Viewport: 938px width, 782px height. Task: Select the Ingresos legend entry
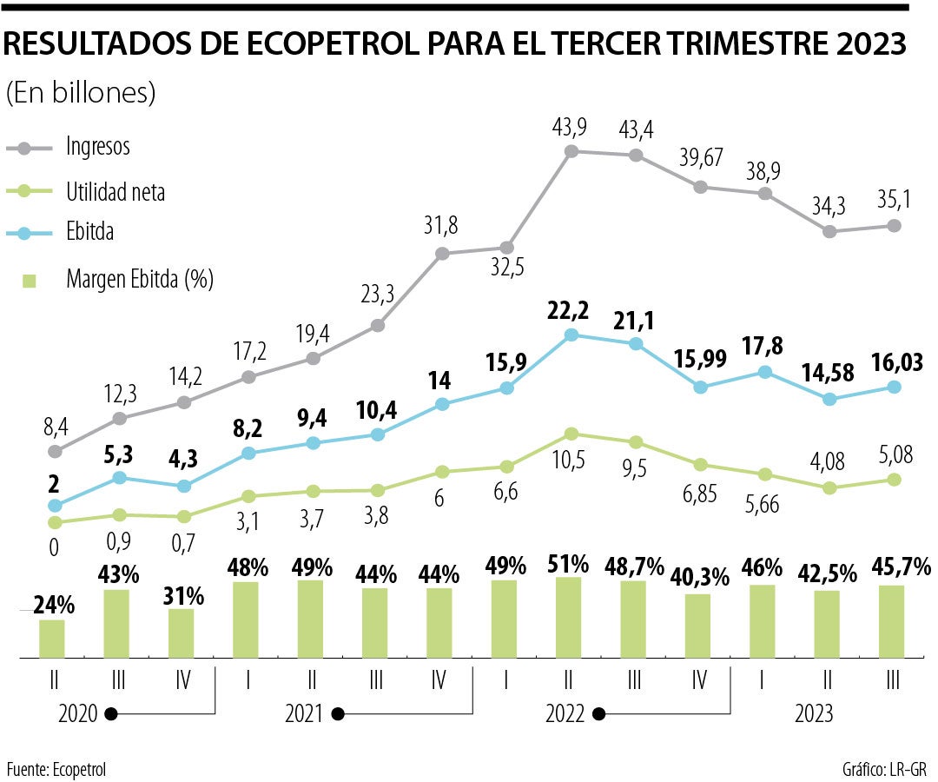[x=97, y=147]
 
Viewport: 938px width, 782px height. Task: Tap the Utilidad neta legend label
[x=115, y=191]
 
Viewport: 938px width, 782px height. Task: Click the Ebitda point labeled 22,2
[x=571, y=335]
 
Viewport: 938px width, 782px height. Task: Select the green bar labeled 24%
[x=52, y=638]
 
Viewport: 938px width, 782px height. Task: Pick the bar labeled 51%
[x=569, y=617]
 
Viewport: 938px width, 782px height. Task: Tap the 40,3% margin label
[x=698, y=577]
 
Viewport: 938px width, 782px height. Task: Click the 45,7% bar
[x=892, y=621]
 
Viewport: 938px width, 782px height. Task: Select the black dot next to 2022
[x=598, y=714]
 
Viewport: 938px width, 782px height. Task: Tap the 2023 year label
[x=813, y=714]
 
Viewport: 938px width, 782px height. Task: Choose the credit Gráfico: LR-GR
[x=884, y=769]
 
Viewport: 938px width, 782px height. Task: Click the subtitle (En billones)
[x=81, y=93]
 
